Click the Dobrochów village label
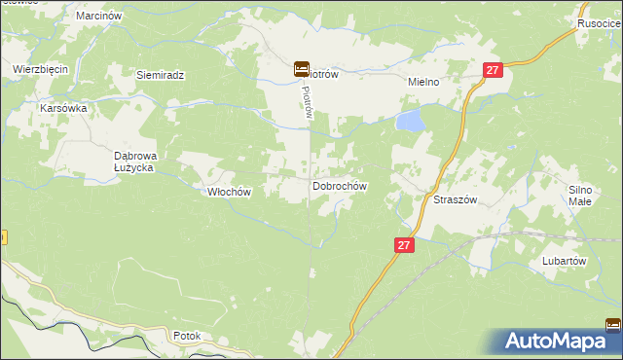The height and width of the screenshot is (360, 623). pyautogui.click(x=339, y=186)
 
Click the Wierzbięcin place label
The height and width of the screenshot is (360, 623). pyautogui.click(x=39, y=69)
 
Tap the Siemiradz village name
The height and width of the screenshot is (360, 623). pyautogui.click(x=160, y=75)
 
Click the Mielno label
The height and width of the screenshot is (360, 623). pyautogui.click(x=424, y=83)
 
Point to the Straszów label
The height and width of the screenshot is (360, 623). pyautogui.click(x=454, y=198)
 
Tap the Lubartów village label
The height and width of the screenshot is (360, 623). pyautogui.click(x=563, y=261)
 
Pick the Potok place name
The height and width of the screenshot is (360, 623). pyautogui.click(x=186, y=336)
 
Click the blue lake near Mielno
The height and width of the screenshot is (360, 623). pyautogui.click(x=410, y=121)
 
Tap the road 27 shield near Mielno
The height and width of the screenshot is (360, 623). pyautogui.click(x=493, y=70)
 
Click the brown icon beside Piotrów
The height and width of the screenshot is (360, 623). pyautogui.click(x=302, y=69)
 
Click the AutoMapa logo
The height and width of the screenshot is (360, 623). pyautogui.click(x=560, y=341)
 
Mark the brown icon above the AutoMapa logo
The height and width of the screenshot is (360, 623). pyautogui.click(x=614, y=326)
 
